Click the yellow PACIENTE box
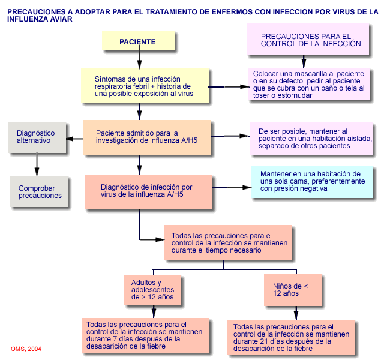[138, 41]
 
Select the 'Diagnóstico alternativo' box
[37, 136]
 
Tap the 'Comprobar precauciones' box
[40, 191]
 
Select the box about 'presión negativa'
[311, 181]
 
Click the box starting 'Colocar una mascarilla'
[309, 84]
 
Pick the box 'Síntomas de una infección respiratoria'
[145, 85]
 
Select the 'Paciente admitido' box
[148, 138]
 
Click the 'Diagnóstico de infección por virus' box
[148, 191]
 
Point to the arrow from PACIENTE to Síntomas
[139, 59]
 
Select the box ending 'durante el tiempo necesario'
[229, 242]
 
